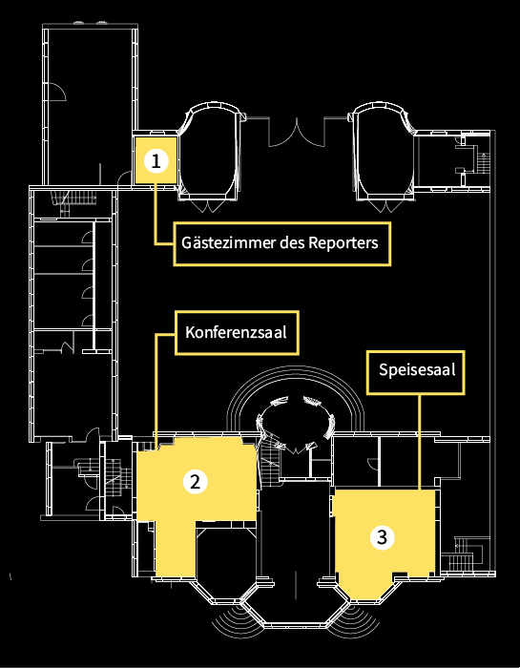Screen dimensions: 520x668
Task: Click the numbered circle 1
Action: pyautogui.click(x=156, y=161)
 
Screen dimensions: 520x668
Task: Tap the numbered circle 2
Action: pyautogui.click(x=195, y=481)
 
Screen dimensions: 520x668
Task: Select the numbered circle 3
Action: pyautogui.click(x=382, y=537)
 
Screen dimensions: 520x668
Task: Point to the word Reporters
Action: pyautogui.click(x=343, y=242)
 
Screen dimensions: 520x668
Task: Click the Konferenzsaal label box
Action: pyautogui.click(x=237, y=333)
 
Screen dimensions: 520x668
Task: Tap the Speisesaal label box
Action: pyautogui.click(x=416, y=372)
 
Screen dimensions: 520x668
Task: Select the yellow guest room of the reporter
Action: pyautogui.click(x=156, y=160)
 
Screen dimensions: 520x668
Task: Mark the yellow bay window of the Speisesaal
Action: pyautogui.click(x=365, y=587)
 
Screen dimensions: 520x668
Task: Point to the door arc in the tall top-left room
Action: pyautogui.click(x=56, y=91)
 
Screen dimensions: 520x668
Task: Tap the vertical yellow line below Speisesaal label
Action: pyautogui.click(x=420, y=441)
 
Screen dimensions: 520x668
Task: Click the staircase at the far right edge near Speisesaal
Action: pyautogui.click(x=465, y=553)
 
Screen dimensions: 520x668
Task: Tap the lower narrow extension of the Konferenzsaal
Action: pyautogui.click(x=175, y=549)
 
